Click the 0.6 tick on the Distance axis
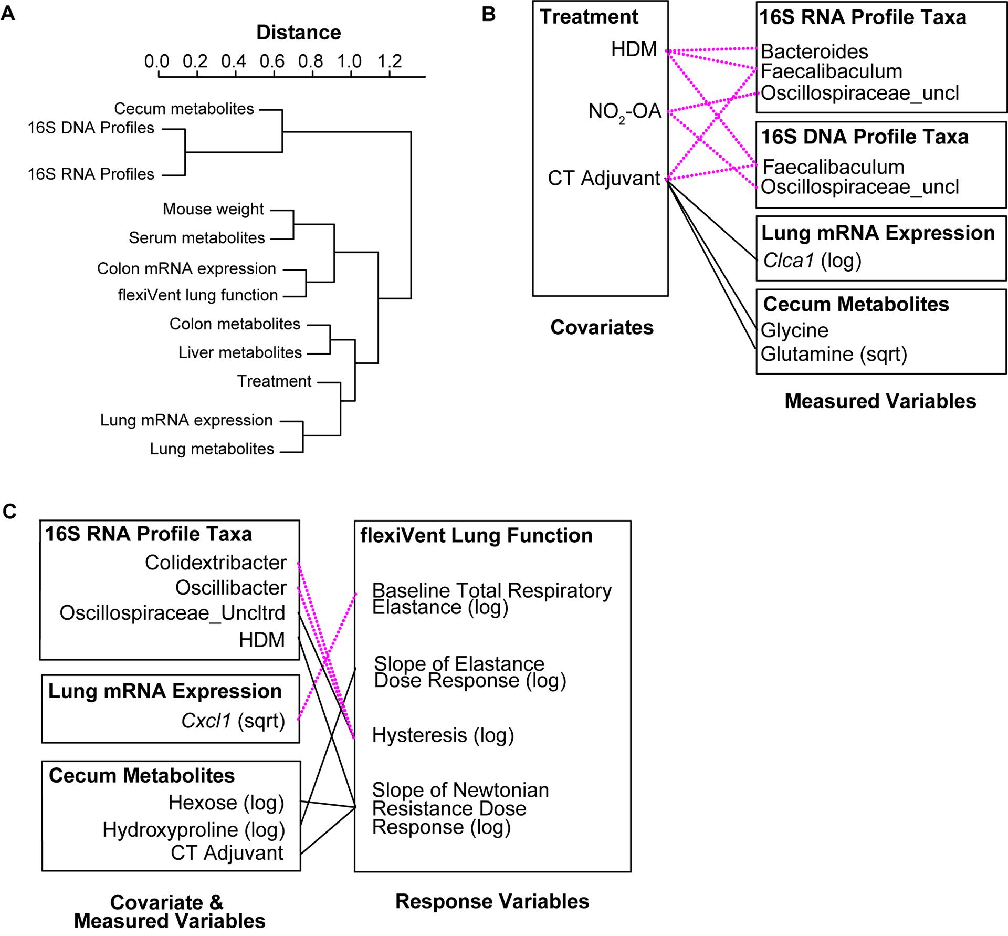pos(272,61)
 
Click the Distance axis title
pos(298,33)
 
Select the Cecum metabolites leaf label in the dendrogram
pos(184,109)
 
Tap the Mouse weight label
pos(213,209)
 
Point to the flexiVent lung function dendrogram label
pos(197,295)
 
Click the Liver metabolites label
pos(240,352)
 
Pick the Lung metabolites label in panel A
pos(212,449)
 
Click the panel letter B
pos(488,15)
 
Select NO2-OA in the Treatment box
pos(624,111)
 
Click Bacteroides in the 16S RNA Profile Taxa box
pos(814,51)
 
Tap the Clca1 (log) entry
pos(812,261)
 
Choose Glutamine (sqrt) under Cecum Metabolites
pos(834,354)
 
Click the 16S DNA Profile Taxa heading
pos(865,137)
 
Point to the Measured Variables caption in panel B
pos(880,401)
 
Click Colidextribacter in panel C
pos(215,563)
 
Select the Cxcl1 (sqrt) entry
pos(233,721)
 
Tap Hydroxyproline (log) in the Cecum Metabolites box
pos(193,830)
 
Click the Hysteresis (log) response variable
pos(442,735)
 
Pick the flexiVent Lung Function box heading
pos(476,536)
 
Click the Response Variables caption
pos(492,901)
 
